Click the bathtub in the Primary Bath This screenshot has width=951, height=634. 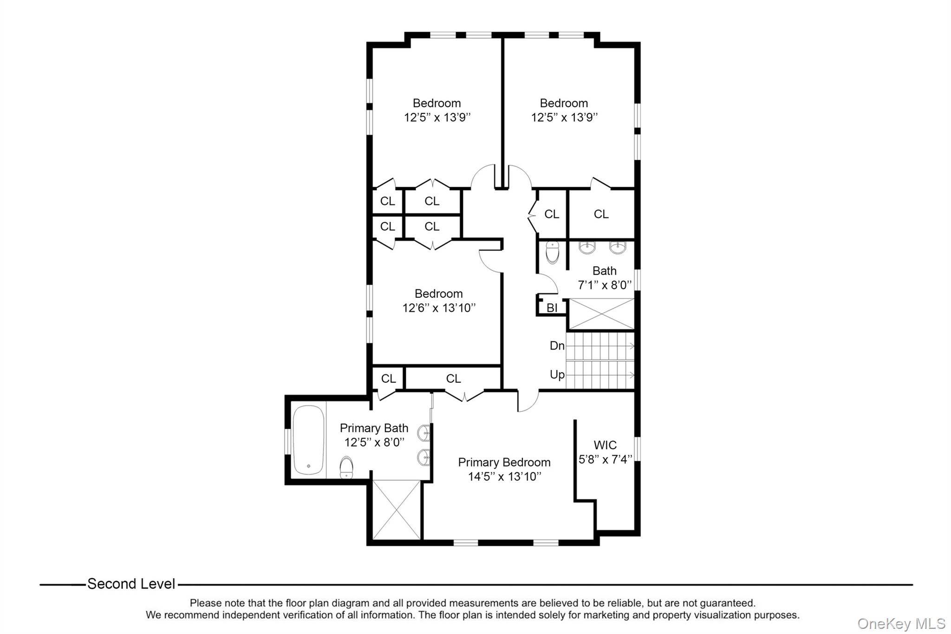tap(308, 440)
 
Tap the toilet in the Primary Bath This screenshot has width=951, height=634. tap(346, 467)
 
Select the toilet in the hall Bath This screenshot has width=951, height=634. tap(553, 252)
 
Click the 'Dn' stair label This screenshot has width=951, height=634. tap(557, 346)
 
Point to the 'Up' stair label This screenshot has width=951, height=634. tap(557, 374)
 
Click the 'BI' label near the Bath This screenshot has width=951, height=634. tap(552, 308)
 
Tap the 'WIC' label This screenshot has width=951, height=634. tap(605, 445)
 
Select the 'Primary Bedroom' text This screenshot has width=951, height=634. tap(504, 462)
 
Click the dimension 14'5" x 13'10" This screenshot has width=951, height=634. tap(505, 477)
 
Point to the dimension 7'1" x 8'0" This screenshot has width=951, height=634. tap(605, 285)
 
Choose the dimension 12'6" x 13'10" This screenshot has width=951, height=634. tap(439, 308)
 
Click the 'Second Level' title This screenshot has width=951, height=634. tap(131, 584)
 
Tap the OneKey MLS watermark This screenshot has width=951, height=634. tap(901, 623)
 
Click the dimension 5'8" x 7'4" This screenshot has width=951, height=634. tap(606, 459)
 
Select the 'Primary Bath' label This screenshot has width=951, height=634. tap(374, 428)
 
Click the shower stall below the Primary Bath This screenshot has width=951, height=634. tap(397, 510)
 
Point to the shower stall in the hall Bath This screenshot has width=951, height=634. tap(601, 314)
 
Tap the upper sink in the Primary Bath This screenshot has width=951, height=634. tap(424, 433)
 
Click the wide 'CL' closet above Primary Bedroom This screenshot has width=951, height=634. tap(454, 379)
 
